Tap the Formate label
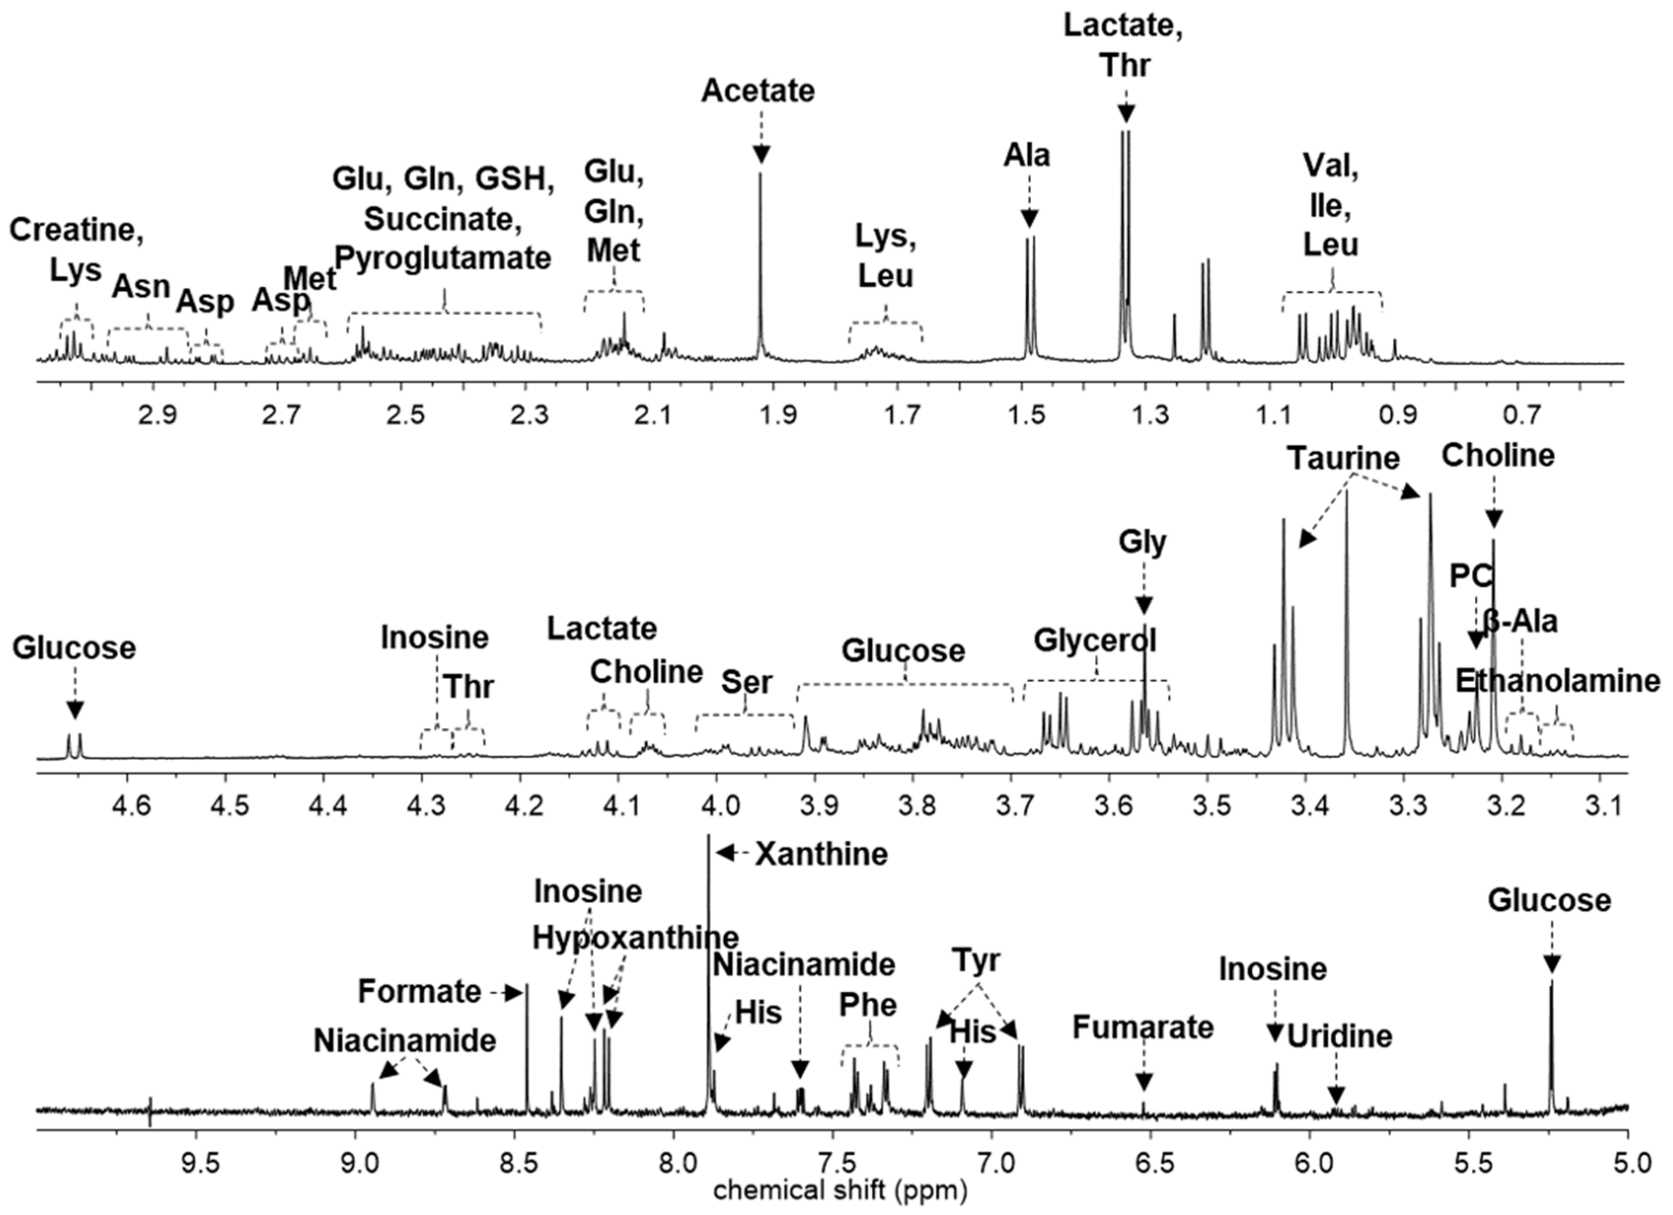pyautogui.click(x=419, y=992)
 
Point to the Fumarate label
pyautogui.click(x=1142, y=1028)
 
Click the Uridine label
pyautogui.click(x=1339, y=1036)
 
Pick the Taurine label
pyautogui.click(x=1344, y=459)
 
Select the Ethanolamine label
pyautogui.click(x=1557, y=681)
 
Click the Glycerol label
pyautogui.click(x=1095, y=640)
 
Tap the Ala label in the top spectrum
pyautogui.click(x=1026, y=157)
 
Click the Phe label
pyautogui.click(x=868, y=1005)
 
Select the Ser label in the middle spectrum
pyautogui.click(x=746, y=682)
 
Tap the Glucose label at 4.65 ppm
pyautogui.click(x=74, y=649)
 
